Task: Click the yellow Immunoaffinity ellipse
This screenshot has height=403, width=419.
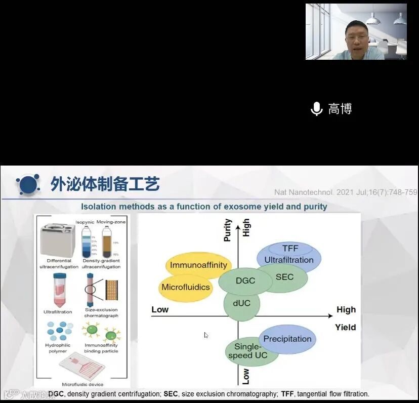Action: tap(198, 265)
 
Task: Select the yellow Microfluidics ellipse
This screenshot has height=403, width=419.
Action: tap(185, 288)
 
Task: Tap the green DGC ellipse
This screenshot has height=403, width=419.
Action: tap(245, 281)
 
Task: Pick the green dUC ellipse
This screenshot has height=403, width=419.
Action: tap(241, 303)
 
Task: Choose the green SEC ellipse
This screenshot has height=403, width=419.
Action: tap(284, 277)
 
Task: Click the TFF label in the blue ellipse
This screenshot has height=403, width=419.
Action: tap(290, 248)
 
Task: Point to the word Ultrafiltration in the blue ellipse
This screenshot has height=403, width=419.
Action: tap(289, 260)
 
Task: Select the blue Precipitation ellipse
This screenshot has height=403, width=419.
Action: tap(287, 339)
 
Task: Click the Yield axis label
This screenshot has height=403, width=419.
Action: tap(345, 327)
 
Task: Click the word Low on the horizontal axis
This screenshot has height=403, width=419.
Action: tap(160, 309)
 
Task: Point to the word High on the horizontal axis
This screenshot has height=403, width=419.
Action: tap(346, 309)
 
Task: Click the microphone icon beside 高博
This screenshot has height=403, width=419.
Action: tap(317, 109)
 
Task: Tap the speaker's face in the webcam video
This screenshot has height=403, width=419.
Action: tap(356, 36)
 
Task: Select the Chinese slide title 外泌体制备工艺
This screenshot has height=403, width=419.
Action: tap(105, 184)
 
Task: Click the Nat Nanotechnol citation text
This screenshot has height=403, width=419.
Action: tap(345, 192)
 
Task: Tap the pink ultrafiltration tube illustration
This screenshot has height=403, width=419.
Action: tap(58, 290)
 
